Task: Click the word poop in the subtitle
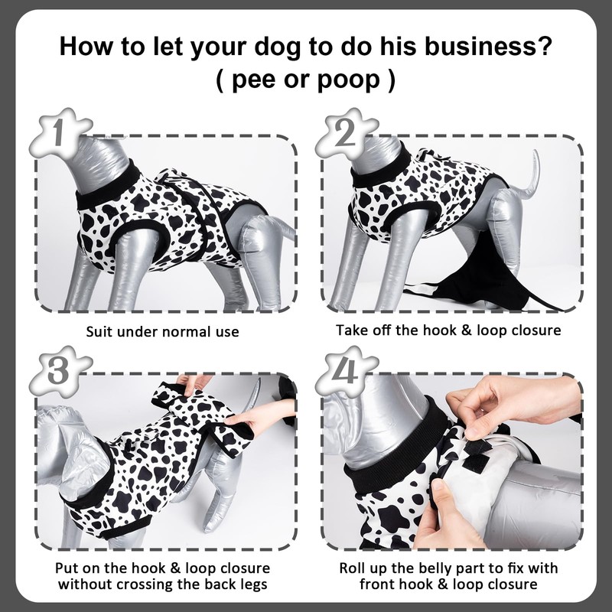[x=348, y=81]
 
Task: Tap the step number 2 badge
[x=347, y=132]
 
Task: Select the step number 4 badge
[x=347, y=370]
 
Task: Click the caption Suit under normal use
[x=162, y=332]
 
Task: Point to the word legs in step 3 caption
[x=253, y=584]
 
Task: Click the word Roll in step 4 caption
[x=353, y=568]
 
